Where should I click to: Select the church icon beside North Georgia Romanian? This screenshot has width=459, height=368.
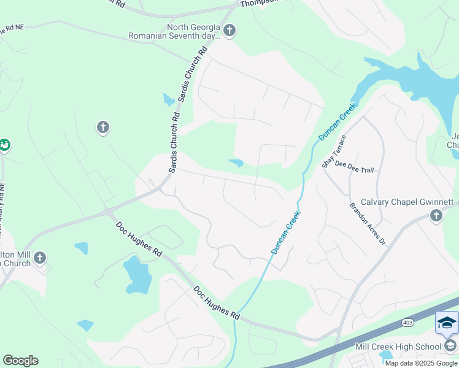[229, 30]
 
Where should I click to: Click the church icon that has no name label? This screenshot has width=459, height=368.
[102, 128]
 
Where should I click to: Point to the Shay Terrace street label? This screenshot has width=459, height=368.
[334, 151]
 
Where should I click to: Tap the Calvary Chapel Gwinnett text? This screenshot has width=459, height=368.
[407, 202]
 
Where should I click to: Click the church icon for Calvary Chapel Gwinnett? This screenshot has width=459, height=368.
[436, 215]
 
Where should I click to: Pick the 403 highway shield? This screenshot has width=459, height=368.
[407, 321]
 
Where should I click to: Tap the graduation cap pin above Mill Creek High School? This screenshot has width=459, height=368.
[447, 323]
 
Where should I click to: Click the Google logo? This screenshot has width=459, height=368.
[20, 360]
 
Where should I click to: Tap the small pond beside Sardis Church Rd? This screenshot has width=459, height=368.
[169, 99]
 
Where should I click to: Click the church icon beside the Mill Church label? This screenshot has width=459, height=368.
[40, 258]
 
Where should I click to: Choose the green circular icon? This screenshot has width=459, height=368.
[4, 145]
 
